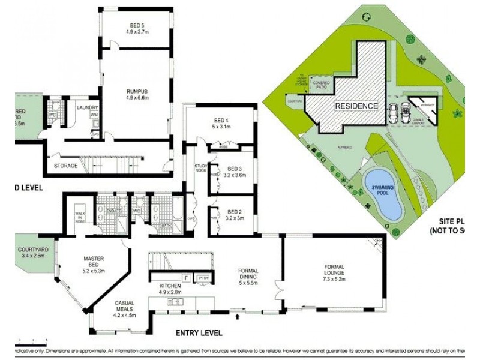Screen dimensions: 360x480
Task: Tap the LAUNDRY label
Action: pos(88,107)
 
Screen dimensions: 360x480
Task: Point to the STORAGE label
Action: pos(65,166)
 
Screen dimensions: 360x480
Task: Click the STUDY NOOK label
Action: pos(200,168)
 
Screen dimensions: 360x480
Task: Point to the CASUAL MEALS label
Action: pos(125,307)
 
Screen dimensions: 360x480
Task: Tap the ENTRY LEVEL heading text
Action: pos(199,333)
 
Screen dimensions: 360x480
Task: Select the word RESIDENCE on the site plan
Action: pos(356,106)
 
